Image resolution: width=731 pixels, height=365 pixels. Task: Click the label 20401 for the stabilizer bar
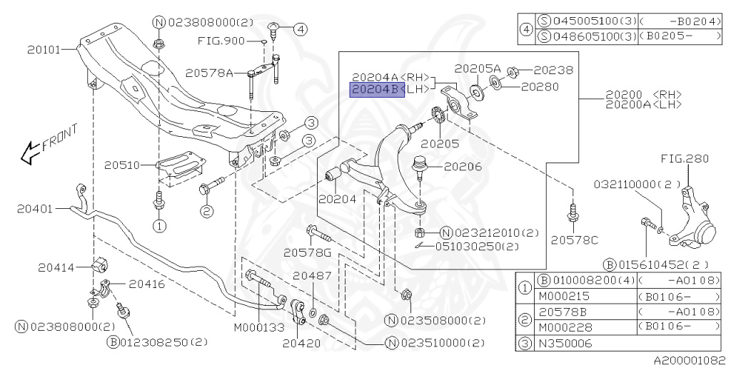(35, 209)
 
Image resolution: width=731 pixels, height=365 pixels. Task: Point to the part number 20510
(121, 165)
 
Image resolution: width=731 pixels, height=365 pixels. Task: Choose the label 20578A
(209, 73)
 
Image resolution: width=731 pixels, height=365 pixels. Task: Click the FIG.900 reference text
(221, 41)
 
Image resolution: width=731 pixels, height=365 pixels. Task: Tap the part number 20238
(553, 71)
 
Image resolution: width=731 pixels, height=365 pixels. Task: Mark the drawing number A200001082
(690, 359)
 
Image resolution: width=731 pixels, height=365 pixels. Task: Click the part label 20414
(56, 267)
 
